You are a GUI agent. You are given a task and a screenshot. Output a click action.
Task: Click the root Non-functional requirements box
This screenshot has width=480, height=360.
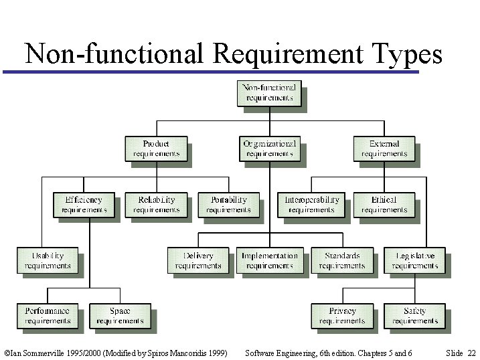pyautogui.click(x=269, y=93)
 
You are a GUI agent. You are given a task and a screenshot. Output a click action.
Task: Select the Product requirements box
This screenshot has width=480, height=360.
pyautogui.click(x=156, y=149)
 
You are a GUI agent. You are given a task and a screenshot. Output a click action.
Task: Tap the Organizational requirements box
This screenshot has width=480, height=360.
pyautogui.click(x=269, y=149)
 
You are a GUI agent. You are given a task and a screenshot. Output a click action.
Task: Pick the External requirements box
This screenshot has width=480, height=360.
pyautogui.click(x=384, y=149)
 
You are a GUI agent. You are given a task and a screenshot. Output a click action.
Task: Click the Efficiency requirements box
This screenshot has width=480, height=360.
pyautogui.click(x=84, y=205)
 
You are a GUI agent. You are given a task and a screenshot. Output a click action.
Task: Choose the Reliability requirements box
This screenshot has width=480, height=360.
pyautogui.click(x=156, y=205)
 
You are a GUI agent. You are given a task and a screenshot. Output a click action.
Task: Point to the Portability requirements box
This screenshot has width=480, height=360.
pyautogui.click(x=228, y=205)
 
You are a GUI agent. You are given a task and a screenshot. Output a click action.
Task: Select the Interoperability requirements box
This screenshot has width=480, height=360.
pyautogui.click(x=311, y=205)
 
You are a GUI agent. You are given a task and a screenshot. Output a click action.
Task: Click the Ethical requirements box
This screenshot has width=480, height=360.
pyautogui.click(x=384, y=205)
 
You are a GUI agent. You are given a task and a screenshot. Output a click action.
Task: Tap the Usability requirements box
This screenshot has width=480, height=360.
pyautogui.click(x=48, y=260)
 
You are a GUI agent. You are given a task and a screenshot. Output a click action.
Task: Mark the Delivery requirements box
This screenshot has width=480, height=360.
pyautogui.click(x=198, y=260)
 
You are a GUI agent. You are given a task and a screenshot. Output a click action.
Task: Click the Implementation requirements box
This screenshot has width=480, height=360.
pyautogui.click(x=269, y=260)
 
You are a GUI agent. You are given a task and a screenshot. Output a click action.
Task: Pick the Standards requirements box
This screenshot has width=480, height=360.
pyautogui.click(x=341, y=260)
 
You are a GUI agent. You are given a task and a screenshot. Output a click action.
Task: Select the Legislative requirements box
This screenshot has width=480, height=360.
pyautogui.click(x=414, y=260)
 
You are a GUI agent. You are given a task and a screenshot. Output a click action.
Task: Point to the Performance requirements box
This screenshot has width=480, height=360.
pyautogui.click(x=48, y=316)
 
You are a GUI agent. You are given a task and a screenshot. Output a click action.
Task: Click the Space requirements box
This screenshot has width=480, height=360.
pyautogui.click(x=120, y=316)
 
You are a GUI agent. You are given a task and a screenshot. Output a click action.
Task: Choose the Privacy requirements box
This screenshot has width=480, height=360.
pyautogui.click(x=341, y=316)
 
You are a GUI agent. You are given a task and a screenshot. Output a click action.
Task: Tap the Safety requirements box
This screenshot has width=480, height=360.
pyautogui.click(x=414, y=316)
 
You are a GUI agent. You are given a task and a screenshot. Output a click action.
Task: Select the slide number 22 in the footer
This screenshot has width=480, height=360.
pyautogui.click(x=471, y=353)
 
